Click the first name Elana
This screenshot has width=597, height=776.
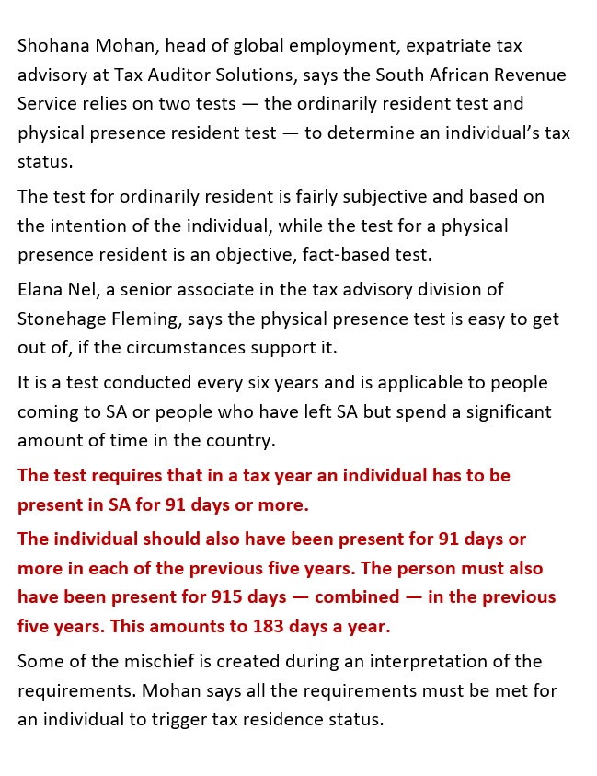41,289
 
